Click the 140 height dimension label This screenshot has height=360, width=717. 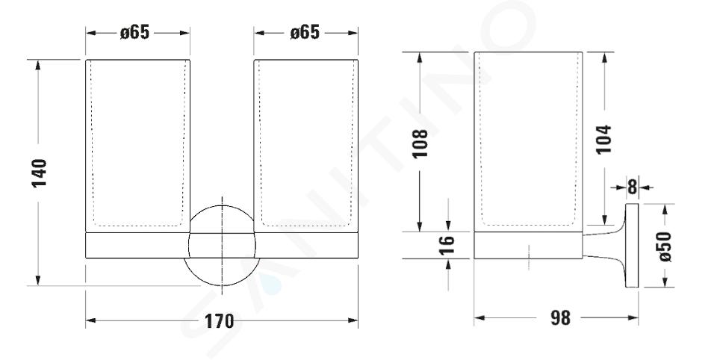pos(40,173)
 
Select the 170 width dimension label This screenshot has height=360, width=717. pos(219,321)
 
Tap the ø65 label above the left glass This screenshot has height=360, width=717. pos(134,32)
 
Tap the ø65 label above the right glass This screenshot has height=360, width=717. pos(305,32)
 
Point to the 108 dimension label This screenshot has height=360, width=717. pos(420,143)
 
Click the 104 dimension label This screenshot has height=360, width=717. pos(603,140)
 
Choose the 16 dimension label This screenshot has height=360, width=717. pos(447,245)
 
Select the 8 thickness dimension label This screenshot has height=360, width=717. pos(632,187)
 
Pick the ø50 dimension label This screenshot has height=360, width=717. pos(665,246)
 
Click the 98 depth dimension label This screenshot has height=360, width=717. pos(560,318)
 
